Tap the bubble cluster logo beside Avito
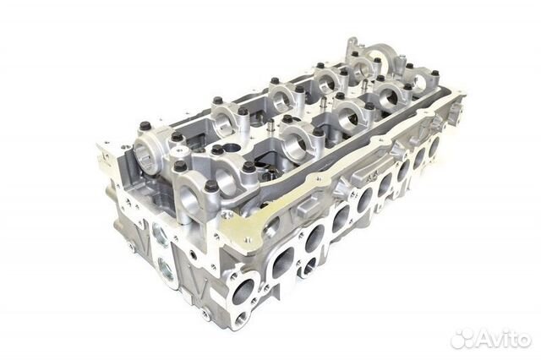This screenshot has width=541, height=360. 462,340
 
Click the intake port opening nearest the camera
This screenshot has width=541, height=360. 243,292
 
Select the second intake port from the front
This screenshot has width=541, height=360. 283,263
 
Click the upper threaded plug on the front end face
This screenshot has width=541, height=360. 161,234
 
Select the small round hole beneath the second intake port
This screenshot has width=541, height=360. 309,265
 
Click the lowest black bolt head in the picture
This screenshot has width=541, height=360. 211,188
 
